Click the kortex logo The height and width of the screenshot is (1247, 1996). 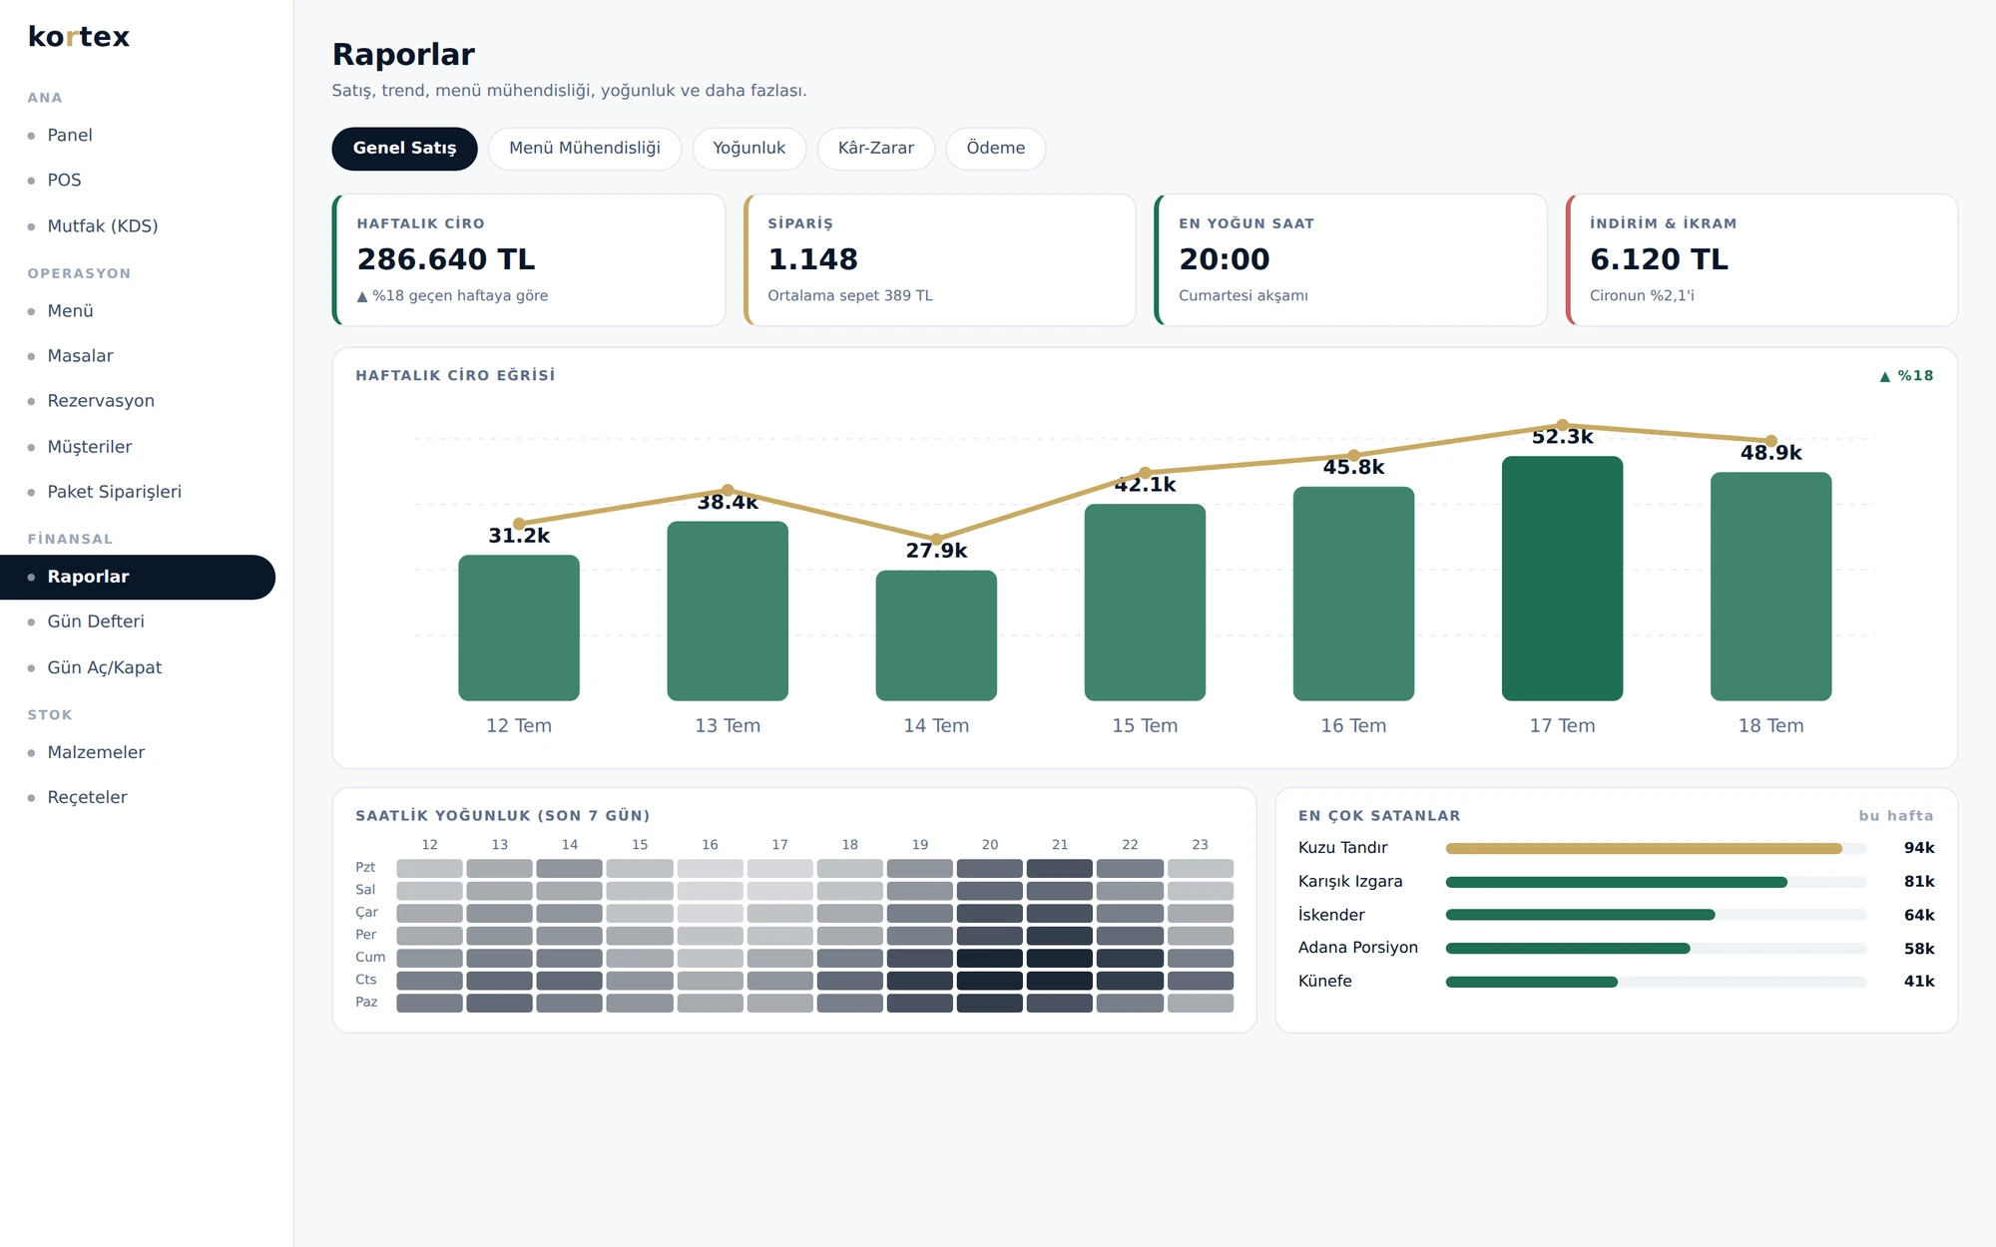click(x=79, y=37)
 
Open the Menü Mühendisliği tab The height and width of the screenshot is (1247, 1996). click(x=585, y=149)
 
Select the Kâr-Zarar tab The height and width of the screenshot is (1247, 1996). click(x=875, y=149)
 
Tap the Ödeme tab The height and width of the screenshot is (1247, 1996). click(x=995, y=149)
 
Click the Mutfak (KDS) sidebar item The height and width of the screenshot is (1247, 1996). click(x=102, y=226)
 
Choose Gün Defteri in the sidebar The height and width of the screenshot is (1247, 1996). click(x=96, y=622)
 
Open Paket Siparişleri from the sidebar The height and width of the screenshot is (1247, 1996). click(x=114, y=492)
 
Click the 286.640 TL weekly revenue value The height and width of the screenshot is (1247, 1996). click(x=446, y=259)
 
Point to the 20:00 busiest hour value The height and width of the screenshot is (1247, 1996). click(x=1224, y=259)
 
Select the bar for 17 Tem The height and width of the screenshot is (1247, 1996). click(x=1562, y=579)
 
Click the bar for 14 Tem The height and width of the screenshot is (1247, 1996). click(x=936, y=635)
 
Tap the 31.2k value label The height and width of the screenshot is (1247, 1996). click(x=519, y=536)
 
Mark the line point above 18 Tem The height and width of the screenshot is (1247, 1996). click(x=1771, y=441)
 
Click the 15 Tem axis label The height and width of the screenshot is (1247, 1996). click(x=1145, y=726)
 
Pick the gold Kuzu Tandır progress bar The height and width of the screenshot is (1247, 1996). click(x=1644, y=849)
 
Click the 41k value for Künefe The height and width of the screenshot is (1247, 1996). click(x=1919, y=982)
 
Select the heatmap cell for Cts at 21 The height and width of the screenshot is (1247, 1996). click(x=1060, y=981)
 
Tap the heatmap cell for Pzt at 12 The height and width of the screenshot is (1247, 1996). click(x=429, y=868)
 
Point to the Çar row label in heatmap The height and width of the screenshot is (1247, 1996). click(x=367, y=913)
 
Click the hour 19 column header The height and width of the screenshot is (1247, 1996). click(x=920, y=845)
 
